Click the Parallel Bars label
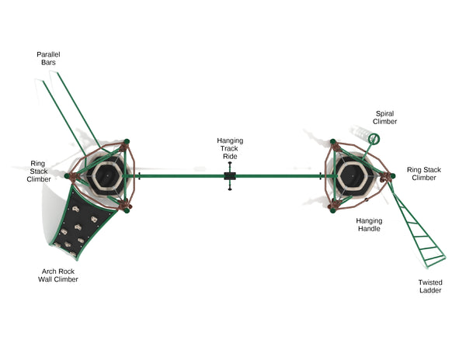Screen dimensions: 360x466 click(x=48, y=58)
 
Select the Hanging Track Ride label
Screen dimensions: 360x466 click(x=230, y=148)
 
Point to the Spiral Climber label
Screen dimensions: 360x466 click(x=385, y=117)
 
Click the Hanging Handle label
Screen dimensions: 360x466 click(x=369, y=224)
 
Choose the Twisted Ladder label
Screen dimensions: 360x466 click(x=429, y=286)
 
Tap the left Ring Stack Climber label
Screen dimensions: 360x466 click(x=39, y=171)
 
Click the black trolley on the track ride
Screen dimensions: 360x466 click(x=230, y=177)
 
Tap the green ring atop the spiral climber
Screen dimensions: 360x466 click(x=374, y=139)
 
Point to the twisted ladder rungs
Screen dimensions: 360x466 click(x=419, y=229)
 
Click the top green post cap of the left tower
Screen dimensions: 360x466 click(x=127, y=141)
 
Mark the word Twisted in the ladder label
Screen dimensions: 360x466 click(x=429, y=282)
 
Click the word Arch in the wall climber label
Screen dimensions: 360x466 click(x=49, y=271)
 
